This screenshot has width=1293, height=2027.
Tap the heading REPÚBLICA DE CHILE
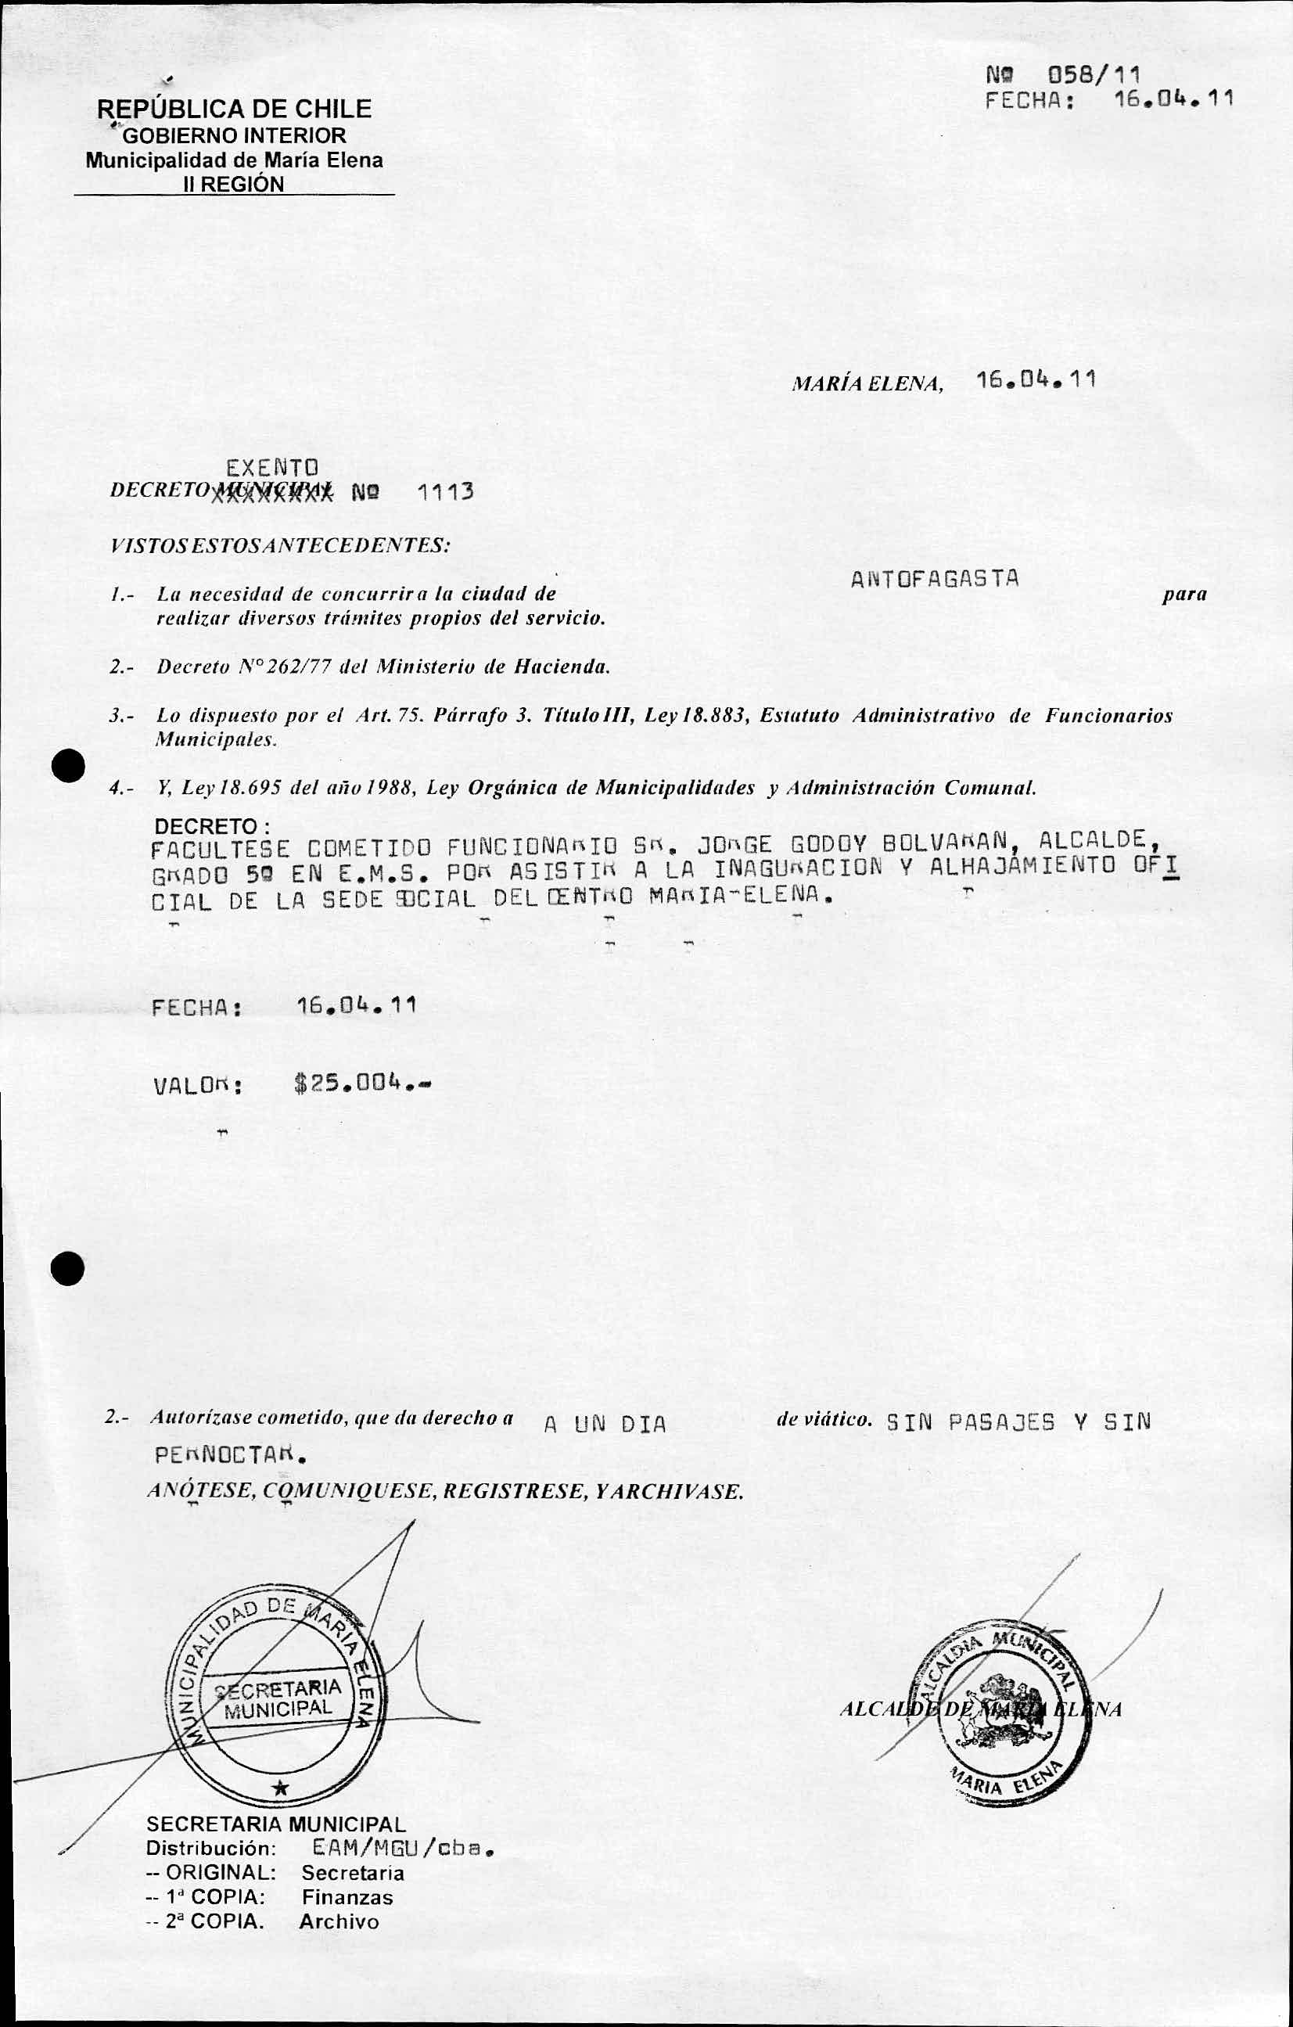point(235,109)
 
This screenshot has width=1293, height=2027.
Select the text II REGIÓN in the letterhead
point(234,185)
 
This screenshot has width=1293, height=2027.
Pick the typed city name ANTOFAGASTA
point(935,579)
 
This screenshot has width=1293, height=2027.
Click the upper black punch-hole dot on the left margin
point(66,767)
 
